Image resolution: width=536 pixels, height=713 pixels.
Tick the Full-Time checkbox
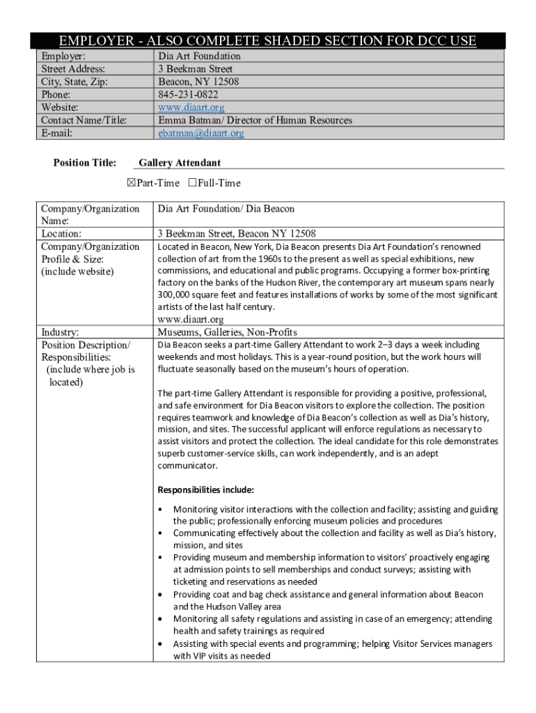coord(192,183)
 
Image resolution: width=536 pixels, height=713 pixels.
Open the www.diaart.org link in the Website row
coord(191,107)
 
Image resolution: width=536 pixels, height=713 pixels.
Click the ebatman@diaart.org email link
coord(200,133)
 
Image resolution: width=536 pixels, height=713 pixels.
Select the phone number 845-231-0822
coord(187,95)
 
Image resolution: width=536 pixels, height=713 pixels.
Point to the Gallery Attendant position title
coord(180,163)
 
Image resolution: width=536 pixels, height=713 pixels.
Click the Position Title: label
coord(85,163)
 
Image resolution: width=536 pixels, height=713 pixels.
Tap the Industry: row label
coord(60,332)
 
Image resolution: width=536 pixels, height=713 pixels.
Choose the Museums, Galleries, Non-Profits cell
coord(227,332)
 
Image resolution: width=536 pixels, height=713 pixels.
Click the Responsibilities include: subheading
coord(205,489)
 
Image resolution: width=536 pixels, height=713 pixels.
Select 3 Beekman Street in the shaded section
coord(195,69)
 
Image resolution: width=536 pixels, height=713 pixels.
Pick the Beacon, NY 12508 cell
coord(198,81)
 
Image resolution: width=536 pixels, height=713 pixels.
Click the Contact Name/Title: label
coord(84,120)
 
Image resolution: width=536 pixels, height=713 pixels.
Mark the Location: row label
coord(61,233)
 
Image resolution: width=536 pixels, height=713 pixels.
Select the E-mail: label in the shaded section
coord(57,133)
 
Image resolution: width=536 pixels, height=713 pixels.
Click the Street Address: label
coord(73,69)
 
